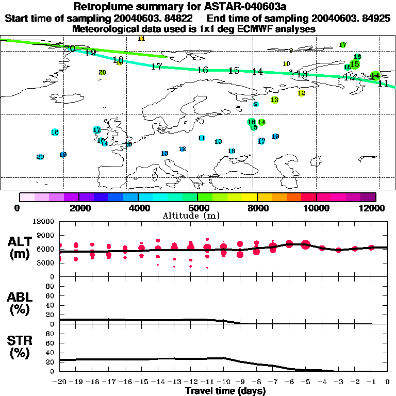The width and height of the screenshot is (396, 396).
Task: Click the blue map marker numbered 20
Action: point(40,157)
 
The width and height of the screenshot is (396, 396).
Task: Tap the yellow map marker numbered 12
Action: point(301,93)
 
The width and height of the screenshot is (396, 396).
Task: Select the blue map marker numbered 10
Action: point(218,141)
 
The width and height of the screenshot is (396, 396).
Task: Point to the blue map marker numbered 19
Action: point(63,154)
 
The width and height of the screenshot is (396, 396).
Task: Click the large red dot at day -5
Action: point(305,244)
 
